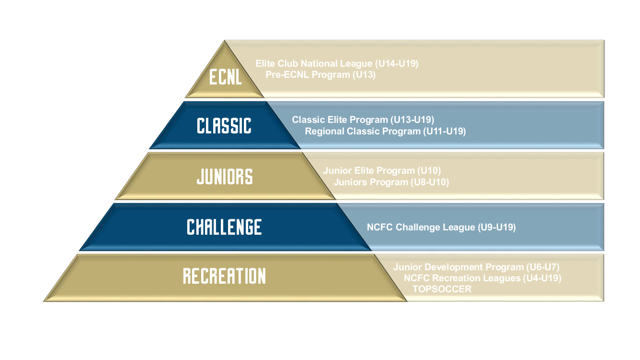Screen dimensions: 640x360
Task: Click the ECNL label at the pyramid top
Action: pos(226,77)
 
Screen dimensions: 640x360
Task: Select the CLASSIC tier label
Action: pos(224,126)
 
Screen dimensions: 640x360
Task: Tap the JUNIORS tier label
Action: pos(225,177)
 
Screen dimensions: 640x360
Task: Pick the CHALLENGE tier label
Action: pos(224,227)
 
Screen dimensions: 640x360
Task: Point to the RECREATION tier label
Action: pos(224,276)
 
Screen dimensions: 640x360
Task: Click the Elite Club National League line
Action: pos(337,63)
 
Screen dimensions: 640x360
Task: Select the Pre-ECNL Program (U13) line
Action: pos(321,74)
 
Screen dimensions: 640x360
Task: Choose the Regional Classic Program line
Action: pos(386,132)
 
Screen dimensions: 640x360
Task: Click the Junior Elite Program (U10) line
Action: pos(382,170)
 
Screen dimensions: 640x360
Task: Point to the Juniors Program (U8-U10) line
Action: pos(391,182)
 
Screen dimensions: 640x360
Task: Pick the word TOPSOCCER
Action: pos(442,289)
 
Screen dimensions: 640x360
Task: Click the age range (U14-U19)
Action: pos(397,63)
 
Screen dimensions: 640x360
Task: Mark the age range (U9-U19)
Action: pos(497,227)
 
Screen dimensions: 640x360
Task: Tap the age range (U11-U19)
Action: pos(445,132)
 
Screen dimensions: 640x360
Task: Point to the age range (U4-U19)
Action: pos(542,278)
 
